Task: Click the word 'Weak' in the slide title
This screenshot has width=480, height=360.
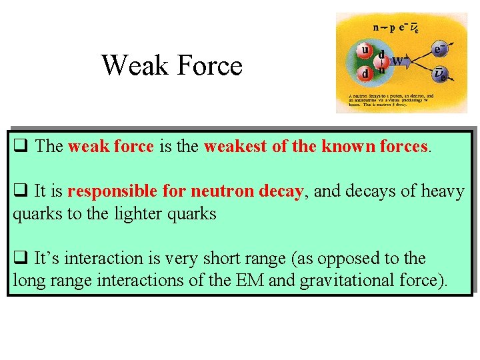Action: (135, 65)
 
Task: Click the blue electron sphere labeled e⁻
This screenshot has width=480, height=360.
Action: (439, 49)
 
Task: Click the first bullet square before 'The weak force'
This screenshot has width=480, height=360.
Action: (20, 147)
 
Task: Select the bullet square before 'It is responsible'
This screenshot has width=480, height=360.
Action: (20, 192)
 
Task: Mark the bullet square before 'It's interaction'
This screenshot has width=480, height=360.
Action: (20, 259)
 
